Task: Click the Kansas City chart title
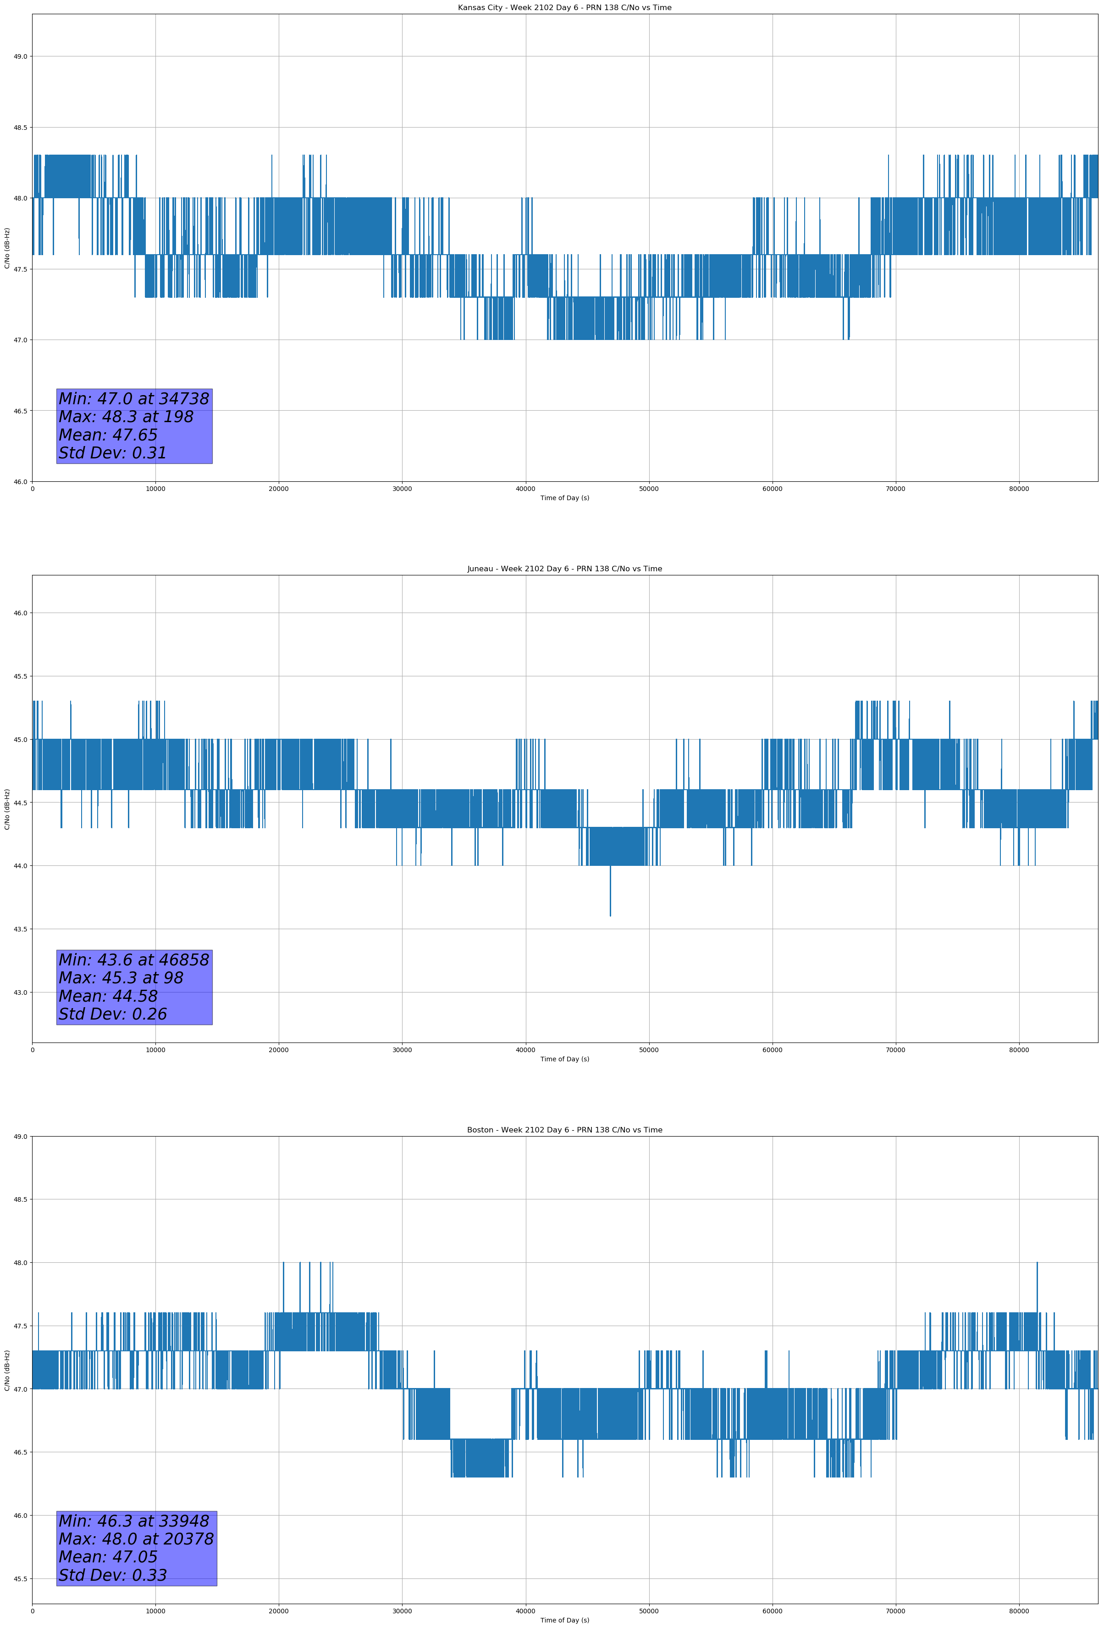click(564, 8)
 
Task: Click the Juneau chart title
click(564, 569)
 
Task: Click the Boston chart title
click(564, 1130)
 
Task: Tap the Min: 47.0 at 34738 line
click(134, 399)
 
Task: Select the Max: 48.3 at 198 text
click(126, 417)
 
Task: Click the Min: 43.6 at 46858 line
click(134, 960)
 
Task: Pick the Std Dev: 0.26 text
click(113, 1015)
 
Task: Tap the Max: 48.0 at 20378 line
click(136, 1539)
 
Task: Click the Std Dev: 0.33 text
click(113, 1575)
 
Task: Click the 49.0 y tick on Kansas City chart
click(20, 57)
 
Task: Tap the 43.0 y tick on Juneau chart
click(20, 992)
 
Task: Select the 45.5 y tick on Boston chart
click(20, 1579)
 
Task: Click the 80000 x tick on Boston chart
click(1019, 1611)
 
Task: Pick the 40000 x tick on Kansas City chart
click(525, 489)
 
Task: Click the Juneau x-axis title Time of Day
click(564, 1059)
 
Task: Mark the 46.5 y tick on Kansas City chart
click(20, 411)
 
